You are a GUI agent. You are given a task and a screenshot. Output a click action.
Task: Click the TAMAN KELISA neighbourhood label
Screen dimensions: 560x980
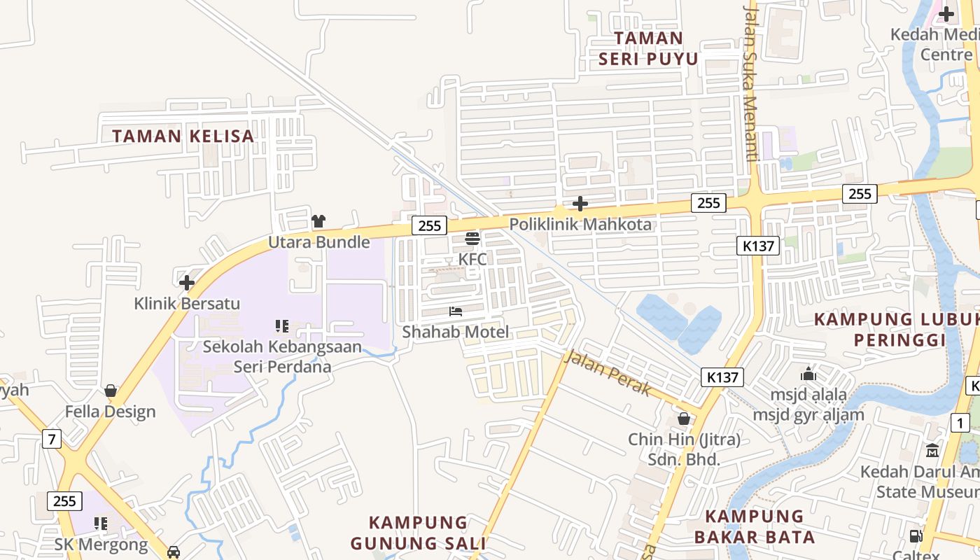(183, 136)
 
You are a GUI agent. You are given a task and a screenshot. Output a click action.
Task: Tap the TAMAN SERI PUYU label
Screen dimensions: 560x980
(648, 48)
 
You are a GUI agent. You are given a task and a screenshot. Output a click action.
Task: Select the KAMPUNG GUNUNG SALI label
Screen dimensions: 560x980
(419, 533)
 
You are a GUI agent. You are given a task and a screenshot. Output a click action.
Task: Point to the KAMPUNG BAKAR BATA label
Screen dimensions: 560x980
(754, 527)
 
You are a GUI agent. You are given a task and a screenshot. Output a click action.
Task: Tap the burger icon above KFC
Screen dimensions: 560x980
(472, 239)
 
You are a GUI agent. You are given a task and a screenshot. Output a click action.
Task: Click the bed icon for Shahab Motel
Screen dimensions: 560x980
(456, 311)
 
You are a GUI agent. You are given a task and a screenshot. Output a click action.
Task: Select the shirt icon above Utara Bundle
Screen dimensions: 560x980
(318, 221)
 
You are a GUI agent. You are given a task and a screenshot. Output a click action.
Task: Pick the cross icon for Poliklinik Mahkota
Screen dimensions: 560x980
(580, 204)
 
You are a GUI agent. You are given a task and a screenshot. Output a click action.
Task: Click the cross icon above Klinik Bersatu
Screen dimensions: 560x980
(186, 283)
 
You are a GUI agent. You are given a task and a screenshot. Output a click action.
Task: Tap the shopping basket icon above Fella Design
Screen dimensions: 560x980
(111, 391)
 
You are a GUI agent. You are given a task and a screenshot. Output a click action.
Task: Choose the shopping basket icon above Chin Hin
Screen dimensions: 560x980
(684, 419)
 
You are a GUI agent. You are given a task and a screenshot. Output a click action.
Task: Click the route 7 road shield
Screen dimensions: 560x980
(51, 439)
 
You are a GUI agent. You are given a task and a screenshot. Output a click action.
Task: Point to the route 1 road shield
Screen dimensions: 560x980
(960, 422)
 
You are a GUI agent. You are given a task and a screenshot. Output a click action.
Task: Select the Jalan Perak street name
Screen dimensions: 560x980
(608, 372)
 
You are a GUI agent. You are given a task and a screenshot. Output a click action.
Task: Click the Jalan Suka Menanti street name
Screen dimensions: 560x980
(751, 83)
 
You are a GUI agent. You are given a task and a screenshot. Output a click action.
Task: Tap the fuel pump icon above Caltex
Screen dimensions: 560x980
(916, 536)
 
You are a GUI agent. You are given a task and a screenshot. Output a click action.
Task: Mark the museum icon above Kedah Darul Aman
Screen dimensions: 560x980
(932, 450)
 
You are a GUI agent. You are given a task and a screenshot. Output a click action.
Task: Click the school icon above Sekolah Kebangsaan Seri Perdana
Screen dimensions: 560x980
(282, 325)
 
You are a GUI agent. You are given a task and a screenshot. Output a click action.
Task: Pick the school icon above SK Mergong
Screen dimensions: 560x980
(101, 524)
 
